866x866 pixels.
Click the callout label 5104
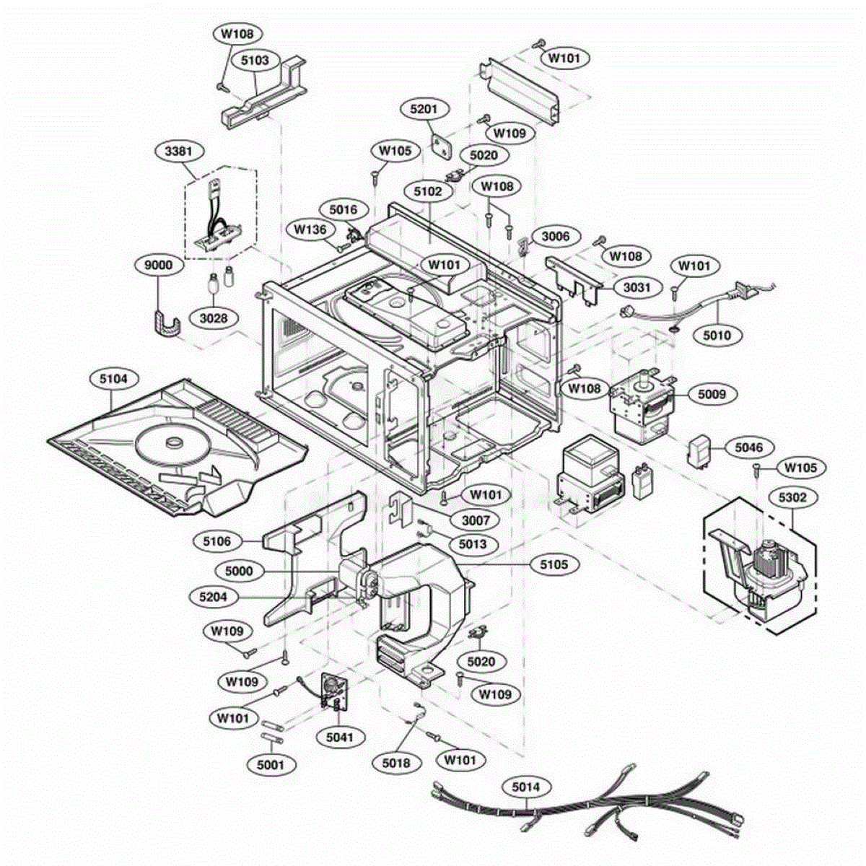click(114, 379)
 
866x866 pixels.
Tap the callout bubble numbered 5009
click(712, 394)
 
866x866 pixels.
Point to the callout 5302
click(792, 497)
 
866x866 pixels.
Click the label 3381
click(178, 152)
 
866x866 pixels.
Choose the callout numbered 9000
click(159, 265)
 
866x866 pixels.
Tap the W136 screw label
click(310, 229)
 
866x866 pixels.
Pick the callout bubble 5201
click(424, 109)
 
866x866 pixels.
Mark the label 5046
click(749, 447)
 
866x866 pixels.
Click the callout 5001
click(271, 764)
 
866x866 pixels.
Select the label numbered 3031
click(637, 287)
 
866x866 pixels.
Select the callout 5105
click(554, 565)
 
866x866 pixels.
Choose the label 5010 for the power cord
click(717, 336)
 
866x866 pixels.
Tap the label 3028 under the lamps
click(214, 319)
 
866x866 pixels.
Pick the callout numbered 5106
click(217, 541)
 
